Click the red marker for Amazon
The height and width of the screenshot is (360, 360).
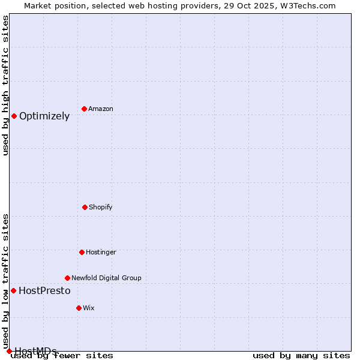coord(84,109)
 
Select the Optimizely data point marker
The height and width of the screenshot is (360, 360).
coord(14,116)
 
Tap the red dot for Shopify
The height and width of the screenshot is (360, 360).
coord(85,207)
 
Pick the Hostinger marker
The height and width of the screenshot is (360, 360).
coord(82,252)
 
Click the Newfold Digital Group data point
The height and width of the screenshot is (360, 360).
coord(67,278)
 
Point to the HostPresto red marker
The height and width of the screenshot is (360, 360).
coord(13,290)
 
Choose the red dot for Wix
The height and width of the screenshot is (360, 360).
coord(79,308)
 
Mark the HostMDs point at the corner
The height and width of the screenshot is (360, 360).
coord(9,351)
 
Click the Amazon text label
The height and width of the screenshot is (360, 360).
coord(101,109)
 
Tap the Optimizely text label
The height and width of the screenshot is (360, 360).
coord(44,116)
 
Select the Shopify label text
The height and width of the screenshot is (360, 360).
coord(101,207)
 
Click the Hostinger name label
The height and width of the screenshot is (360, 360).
coord(101,252)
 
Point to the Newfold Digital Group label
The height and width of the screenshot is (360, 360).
coord(106,278)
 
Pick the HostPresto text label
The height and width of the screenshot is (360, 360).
coord(44,290)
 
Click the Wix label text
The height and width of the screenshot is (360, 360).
coord(89,308)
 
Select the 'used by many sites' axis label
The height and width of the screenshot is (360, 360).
coord(301,355)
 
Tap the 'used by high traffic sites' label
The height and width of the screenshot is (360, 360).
coord(5,85)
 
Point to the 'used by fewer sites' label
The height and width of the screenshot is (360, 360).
coord(62,355)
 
